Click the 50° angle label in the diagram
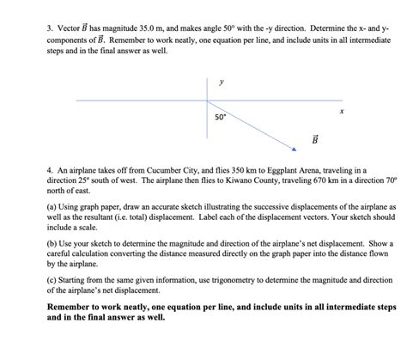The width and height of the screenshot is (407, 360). pos(221,115)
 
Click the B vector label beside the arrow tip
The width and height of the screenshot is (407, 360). pos(314,139)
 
